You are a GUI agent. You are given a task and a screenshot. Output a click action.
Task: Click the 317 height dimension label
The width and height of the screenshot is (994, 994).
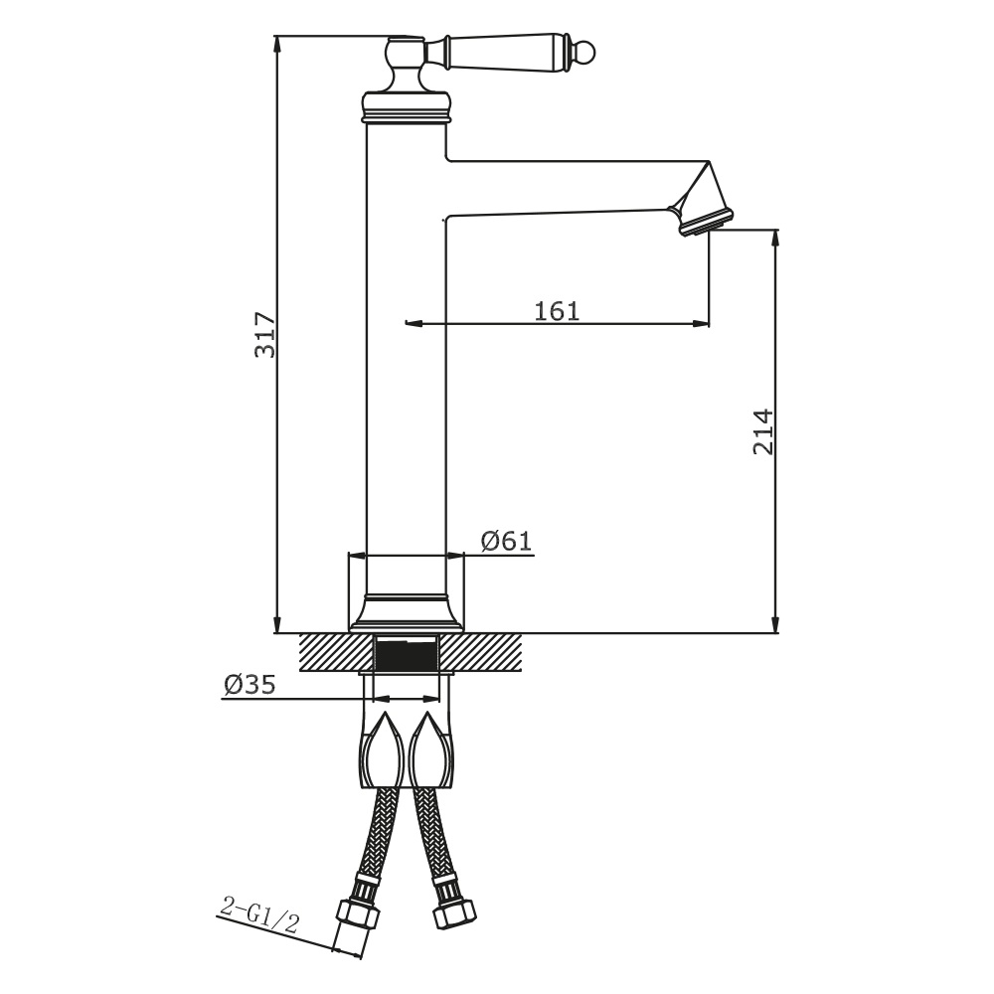click(x=265, y=335)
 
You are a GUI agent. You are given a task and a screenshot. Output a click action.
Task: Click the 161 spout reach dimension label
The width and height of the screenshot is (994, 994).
click(x=557, y=311)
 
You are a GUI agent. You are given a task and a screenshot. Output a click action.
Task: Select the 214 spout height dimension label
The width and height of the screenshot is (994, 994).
click(x=763, y=431)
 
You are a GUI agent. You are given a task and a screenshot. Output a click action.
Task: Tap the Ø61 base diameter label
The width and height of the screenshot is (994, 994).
click(x=506, y=541)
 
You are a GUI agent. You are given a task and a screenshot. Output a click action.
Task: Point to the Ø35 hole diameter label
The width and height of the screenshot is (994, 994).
click(x=249, y=684)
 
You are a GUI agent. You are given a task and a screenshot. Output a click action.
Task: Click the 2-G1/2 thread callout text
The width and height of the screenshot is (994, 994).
click(x=258, y=914)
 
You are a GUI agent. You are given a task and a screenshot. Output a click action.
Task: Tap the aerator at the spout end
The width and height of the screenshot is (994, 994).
click(x=706, y=222)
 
